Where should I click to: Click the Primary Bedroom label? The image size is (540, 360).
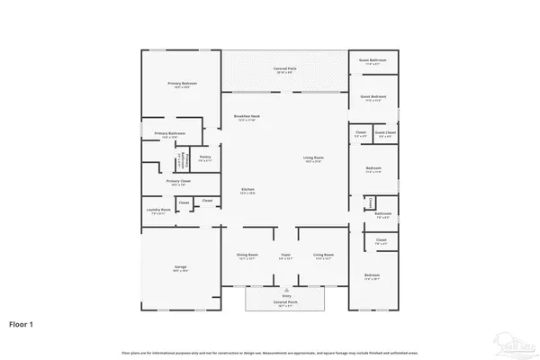tap(182, 84)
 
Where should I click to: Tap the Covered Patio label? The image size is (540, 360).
tap(286, 69)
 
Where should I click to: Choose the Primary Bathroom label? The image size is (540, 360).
tap(169, 134)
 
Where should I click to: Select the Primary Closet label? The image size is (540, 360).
tap(177, 182)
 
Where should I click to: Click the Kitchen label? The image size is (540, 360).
tap(247, 190)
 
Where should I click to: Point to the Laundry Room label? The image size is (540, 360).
tap(158, 211)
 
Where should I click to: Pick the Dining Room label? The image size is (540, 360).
tap(247, 256)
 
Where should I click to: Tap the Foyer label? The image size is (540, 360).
tap(285, 256)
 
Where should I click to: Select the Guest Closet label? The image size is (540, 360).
tap(385, 133)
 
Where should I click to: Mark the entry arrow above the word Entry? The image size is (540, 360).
tap(286, 288)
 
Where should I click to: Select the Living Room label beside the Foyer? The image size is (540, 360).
tap(322, 256)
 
